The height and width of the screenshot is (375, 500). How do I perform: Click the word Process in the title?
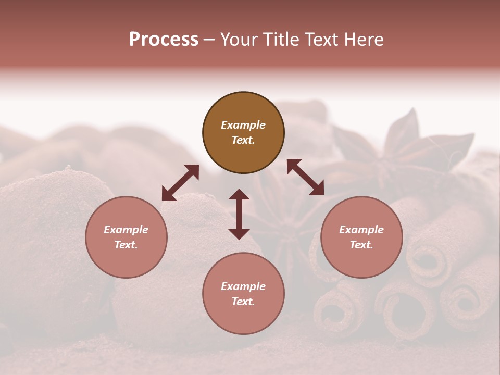pos(164,40)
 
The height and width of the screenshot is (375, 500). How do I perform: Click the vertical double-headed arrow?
pos(239,214)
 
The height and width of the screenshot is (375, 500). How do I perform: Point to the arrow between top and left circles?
pos(180,183)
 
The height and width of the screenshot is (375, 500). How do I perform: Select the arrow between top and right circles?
pos(305,178)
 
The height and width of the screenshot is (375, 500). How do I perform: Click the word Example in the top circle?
pos(243,125)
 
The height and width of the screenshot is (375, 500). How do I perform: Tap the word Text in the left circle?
pos(126,245)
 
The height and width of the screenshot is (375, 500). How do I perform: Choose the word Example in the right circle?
pos(361,230)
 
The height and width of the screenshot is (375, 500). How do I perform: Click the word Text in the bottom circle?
pos(243,302)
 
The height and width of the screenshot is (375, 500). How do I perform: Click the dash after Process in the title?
pos(209,40)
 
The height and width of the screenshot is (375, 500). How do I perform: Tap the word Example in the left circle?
pos(126,230)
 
